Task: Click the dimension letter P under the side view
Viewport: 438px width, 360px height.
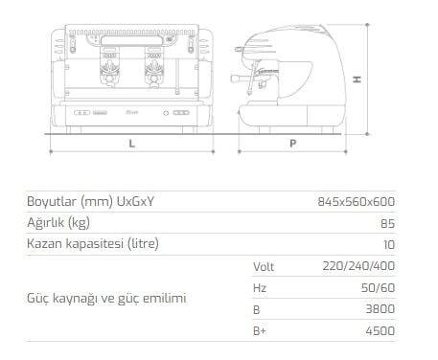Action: click(x=290, y=143)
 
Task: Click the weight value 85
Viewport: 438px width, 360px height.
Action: click(x=386, y=223)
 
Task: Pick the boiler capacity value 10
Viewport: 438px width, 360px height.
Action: click(x=387, y=244)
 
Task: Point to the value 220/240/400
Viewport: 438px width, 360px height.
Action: click(x=360, y=266)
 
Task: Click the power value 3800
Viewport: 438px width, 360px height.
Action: click(x=380, y=309)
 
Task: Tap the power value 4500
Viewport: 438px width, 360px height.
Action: click(x=380, y=331)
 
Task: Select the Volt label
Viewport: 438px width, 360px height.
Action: click(x=264, y=266)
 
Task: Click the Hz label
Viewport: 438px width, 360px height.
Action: click(x=259, y=287)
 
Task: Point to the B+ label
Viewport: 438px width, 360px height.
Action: click(x=259, y=331)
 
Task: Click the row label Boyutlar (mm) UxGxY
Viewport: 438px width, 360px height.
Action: click(x=91, y=202)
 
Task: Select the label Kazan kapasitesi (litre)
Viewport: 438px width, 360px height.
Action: click(x=92, y=244)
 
